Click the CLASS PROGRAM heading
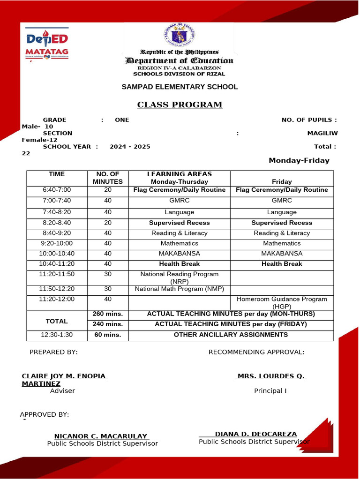(180, 105)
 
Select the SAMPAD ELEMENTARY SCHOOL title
(180, 87)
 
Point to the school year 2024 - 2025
(130, 147)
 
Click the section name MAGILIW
(322, 133)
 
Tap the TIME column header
(57, 174)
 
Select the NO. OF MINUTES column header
(107, 178)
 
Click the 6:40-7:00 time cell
(57, 190)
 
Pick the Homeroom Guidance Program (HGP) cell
(282, 302)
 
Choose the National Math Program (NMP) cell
(180, 289)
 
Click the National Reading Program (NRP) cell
(180, 277)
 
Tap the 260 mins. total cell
(107, 314)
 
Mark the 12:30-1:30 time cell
(57, 335)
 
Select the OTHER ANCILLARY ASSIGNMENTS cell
(231, 335)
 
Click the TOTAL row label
(57, 321)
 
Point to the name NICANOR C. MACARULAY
(101, 436)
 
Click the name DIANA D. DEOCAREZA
(255, 434)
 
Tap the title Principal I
(270, 390)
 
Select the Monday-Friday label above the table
(299, 161)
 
